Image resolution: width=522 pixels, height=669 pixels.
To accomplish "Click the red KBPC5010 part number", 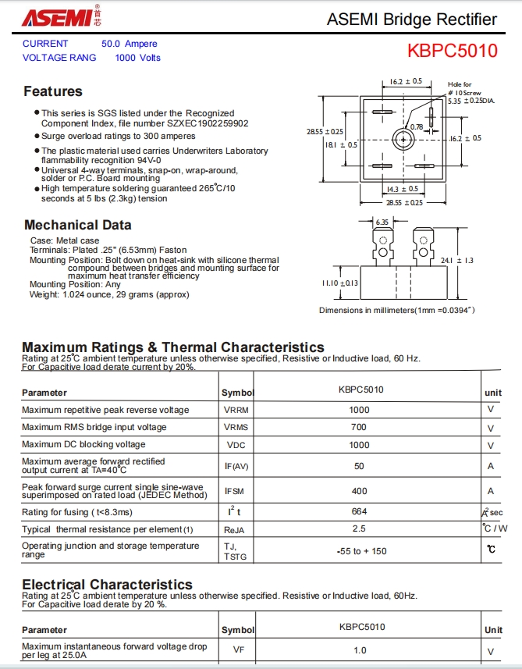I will [x=452, y=52].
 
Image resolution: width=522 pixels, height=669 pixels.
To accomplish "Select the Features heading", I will [x=52, y=91].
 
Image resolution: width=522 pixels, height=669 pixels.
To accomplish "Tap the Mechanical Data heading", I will [x=77, y=225].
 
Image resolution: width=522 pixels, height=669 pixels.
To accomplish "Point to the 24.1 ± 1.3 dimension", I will [x=458, y=260].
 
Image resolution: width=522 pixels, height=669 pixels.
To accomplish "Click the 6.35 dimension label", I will [x=382, y=222].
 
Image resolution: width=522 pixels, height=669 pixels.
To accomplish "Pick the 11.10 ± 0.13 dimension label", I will [x=339, y=283].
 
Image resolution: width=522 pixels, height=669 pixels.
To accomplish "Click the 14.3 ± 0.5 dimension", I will [x=403, y=188].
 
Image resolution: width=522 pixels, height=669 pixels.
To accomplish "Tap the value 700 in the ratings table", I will [x=359, y=427].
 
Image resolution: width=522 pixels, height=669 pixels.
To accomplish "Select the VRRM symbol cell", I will [x=236, y=410].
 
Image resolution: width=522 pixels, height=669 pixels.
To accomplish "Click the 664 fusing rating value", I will [x=359, y=511].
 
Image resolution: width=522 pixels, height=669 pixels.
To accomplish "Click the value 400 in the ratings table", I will [x=359, y=491].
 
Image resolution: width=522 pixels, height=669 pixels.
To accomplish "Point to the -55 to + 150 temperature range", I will [x=359, y=551].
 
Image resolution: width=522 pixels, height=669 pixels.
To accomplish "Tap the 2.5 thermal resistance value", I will [x=359, y=528].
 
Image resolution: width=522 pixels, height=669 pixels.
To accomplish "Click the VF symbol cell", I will [x=238, y=649].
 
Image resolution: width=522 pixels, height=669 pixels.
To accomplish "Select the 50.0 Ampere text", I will [x=129, y=44].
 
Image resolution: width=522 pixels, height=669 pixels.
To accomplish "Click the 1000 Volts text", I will [x=137, y=58].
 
